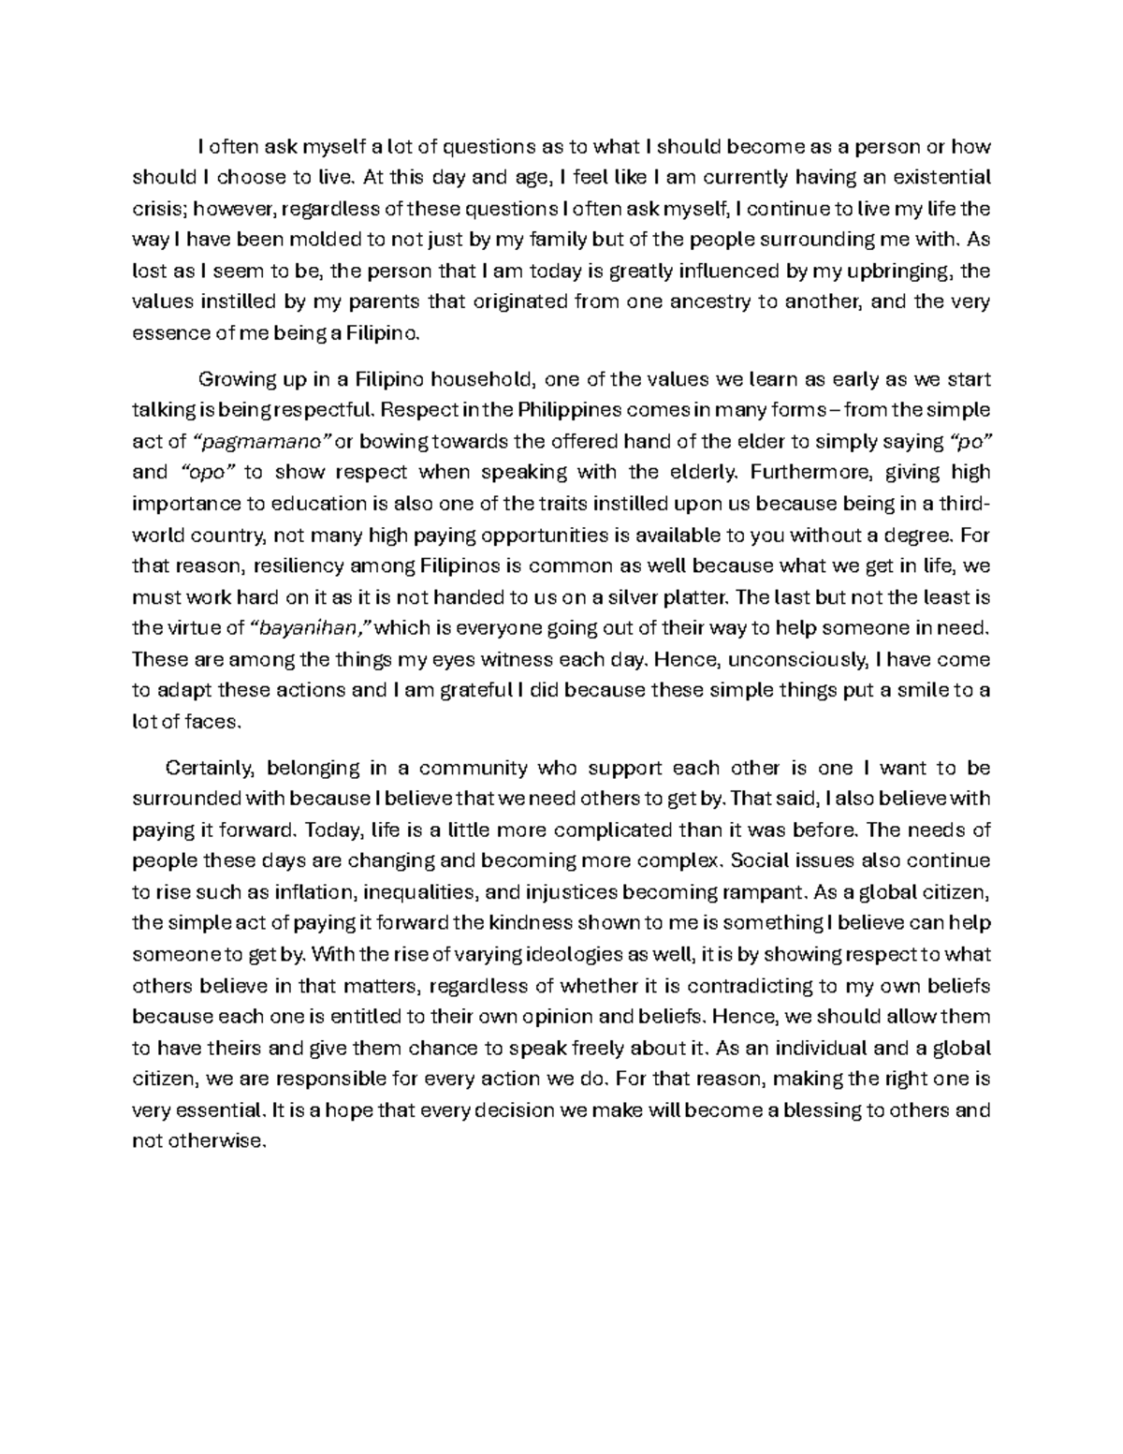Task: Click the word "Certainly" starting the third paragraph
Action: point(210,768)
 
